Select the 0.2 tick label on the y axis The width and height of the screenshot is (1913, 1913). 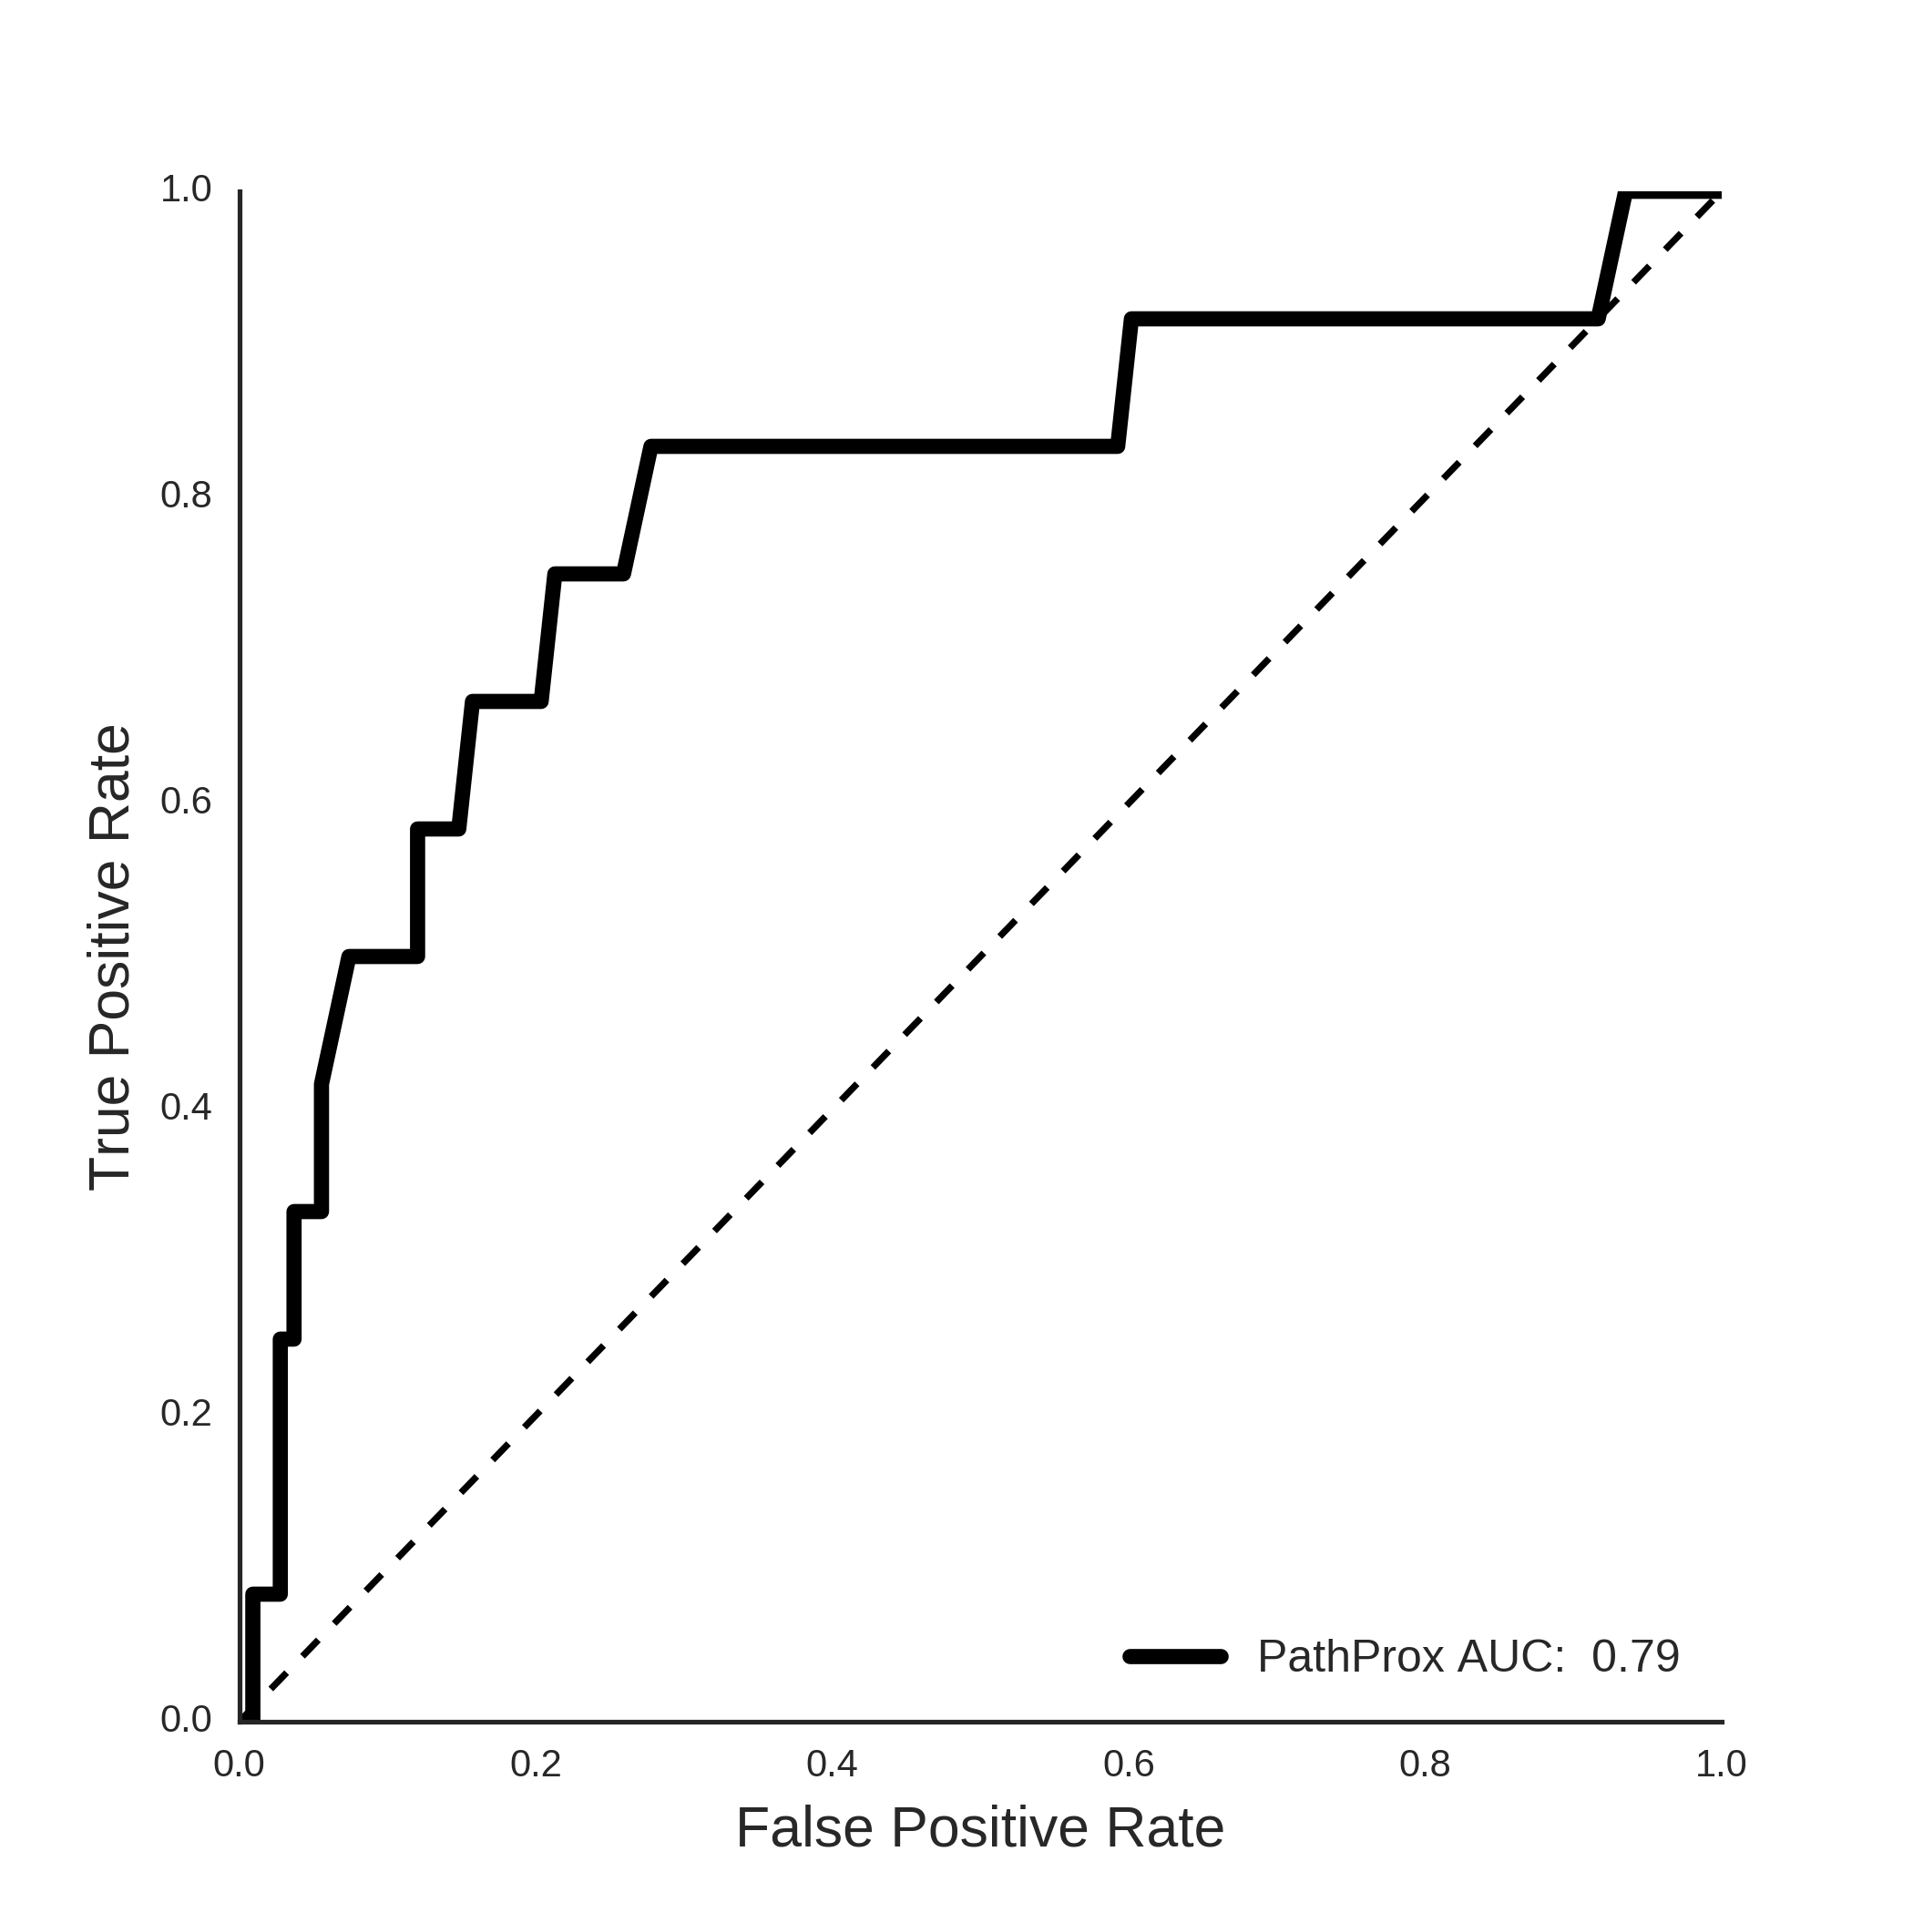186,1414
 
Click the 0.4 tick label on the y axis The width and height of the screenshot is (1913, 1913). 186,1107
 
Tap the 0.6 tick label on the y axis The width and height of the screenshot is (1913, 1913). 186,801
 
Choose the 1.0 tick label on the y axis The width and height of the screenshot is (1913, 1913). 186,189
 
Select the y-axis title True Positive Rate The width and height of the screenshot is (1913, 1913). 110,957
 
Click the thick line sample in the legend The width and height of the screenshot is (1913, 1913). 1176,1656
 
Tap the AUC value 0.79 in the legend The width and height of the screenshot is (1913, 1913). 1636,1656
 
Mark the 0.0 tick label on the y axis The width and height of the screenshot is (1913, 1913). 186,1720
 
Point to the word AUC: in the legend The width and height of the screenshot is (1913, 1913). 1512,1656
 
